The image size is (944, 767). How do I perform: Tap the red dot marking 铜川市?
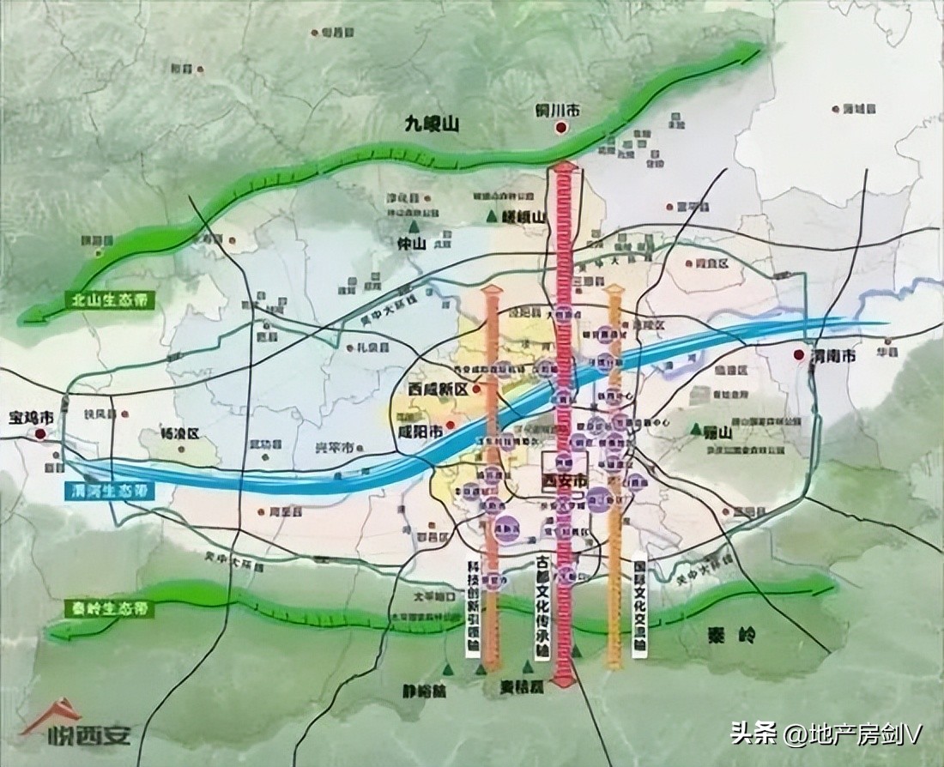(x=560, y=129)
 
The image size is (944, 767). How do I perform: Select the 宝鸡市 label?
(x=31, y=418)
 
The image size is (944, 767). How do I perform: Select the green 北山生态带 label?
(x=101, y=299)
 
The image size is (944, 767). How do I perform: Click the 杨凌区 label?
(x=180, y=433)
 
